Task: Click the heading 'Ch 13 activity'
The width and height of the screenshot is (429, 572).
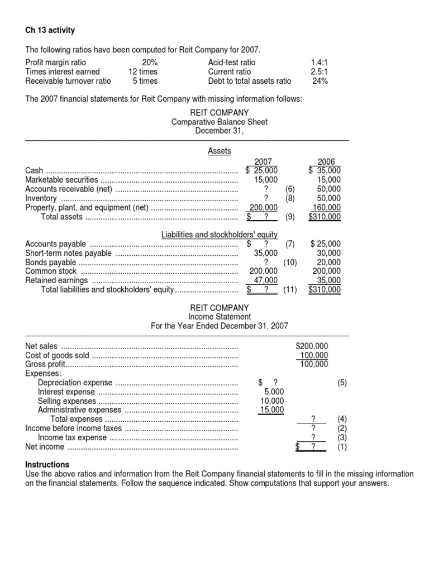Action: coord(50,30)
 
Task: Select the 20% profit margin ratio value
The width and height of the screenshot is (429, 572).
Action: coord(150,63)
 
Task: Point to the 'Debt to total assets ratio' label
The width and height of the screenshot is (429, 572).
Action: coord(250,80)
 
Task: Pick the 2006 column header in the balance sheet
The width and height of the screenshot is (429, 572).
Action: coord(326,161)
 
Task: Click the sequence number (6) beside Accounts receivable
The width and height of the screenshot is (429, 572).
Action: coord(289,189)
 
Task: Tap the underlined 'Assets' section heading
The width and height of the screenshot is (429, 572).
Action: coord(219,151)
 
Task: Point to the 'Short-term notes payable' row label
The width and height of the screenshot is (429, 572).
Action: coord(69,253)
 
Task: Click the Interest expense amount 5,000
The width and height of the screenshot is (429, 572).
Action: coord(274,392)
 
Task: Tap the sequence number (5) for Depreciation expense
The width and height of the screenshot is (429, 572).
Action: coord(342,383)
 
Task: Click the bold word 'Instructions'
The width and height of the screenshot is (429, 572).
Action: coord(47,465)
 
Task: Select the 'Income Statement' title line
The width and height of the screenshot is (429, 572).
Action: coord(219,317)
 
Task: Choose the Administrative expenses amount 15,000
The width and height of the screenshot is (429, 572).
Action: coord(271,409)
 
